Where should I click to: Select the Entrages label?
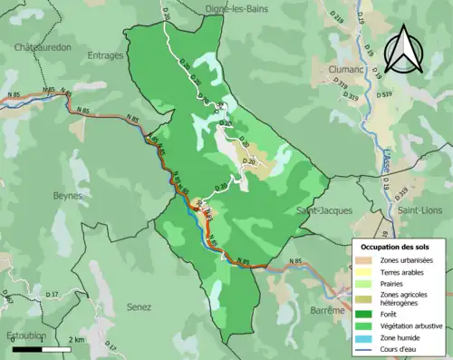click(x=106, y=55)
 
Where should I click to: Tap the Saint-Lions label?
click(x=419, y=210)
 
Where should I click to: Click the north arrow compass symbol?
click(x=403, y=48)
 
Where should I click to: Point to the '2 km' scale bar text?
click(x=77, y=338)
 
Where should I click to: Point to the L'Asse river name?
click(x=384, y=162)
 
